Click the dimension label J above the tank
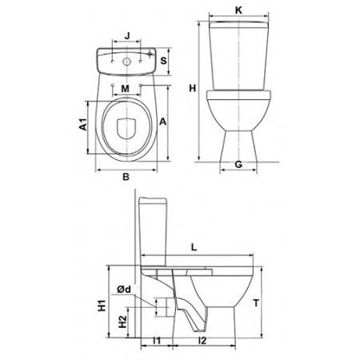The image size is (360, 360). tap(127, 35)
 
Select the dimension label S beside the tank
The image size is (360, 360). tap(163, 61)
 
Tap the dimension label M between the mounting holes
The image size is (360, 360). tap(125, 89)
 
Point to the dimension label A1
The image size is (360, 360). tap(83, 124)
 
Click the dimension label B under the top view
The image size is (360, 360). tap(126, 177)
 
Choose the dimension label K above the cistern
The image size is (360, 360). tap(238, 10)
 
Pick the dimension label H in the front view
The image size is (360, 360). tap(192, 88)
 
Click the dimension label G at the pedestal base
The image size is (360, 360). tap(238, 165)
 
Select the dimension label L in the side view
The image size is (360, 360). tap(194, 247)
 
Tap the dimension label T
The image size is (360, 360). tap(256, 303)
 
